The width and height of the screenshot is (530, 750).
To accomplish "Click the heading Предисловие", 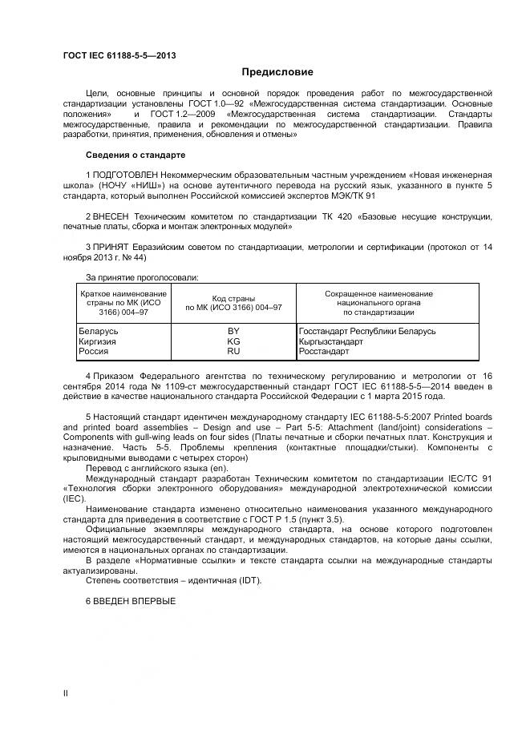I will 277,72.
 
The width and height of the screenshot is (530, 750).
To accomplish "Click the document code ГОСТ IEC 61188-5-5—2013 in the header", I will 119,55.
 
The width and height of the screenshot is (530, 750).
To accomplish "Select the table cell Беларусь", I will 99,331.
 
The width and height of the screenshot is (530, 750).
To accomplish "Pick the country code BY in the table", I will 233,331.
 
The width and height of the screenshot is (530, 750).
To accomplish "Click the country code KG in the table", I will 233,341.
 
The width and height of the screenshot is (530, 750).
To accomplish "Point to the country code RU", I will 233,351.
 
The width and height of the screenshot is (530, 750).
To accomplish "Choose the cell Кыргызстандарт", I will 330,341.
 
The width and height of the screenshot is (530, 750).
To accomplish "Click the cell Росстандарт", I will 324,351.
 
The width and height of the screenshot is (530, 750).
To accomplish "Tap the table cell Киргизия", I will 97,341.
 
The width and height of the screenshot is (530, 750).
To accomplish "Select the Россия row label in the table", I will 95,351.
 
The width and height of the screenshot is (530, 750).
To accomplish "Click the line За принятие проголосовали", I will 143,277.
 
